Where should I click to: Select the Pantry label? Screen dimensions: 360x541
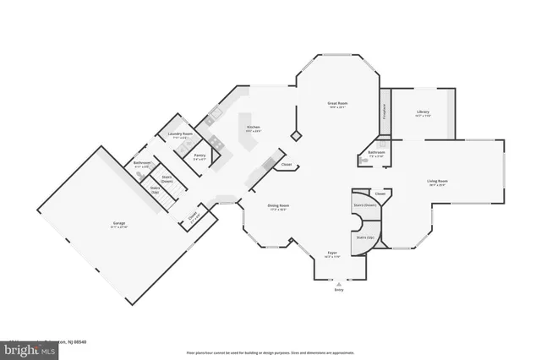(x=199, y=156)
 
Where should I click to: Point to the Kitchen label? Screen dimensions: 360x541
(x=254, y=128)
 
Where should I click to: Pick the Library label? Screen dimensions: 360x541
(x=424, y=113)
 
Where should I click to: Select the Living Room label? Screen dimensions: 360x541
(x=437, y=182)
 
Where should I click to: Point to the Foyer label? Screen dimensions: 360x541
(x=333, y=253)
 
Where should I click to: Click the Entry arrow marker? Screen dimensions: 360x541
(x=339, y=283)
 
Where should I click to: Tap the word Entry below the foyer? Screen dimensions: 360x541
(x=339, y=290)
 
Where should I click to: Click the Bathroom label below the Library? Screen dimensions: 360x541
(x=376, y=154)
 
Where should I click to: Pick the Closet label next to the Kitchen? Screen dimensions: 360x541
(x=287, y=165)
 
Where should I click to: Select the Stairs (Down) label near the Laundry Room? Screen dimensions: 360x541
(x=167, y=179)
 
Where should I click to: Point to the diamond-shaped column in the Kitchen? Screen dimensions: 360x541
(x=295, y=134)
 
